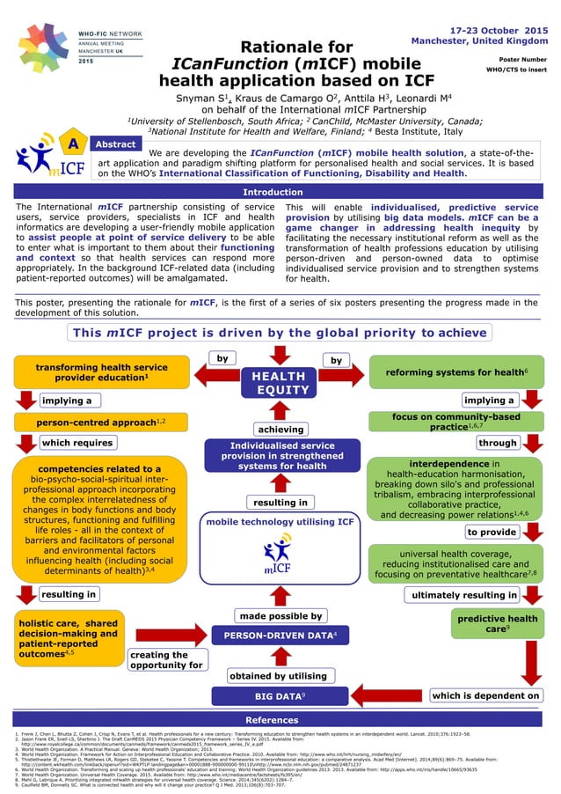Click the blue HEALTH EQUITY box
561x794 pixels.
[x=280, y=383]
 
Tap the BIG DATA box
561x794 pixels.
[x=280, y=696]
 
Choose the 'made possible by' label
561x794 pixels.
[x=280, y=615]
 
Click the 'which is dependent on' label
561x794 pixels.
[x=486, y=695]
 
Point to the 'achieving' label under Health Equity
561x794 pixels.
[x=280, y=429]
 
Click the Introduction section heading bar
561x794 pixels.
[x=280, y=191]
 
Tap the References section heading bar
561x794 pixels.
[x=280, y=720]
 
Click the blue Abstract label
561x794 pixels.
[x=114, y=143]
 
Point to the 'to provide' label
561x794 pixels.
[x=492, y=532]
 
